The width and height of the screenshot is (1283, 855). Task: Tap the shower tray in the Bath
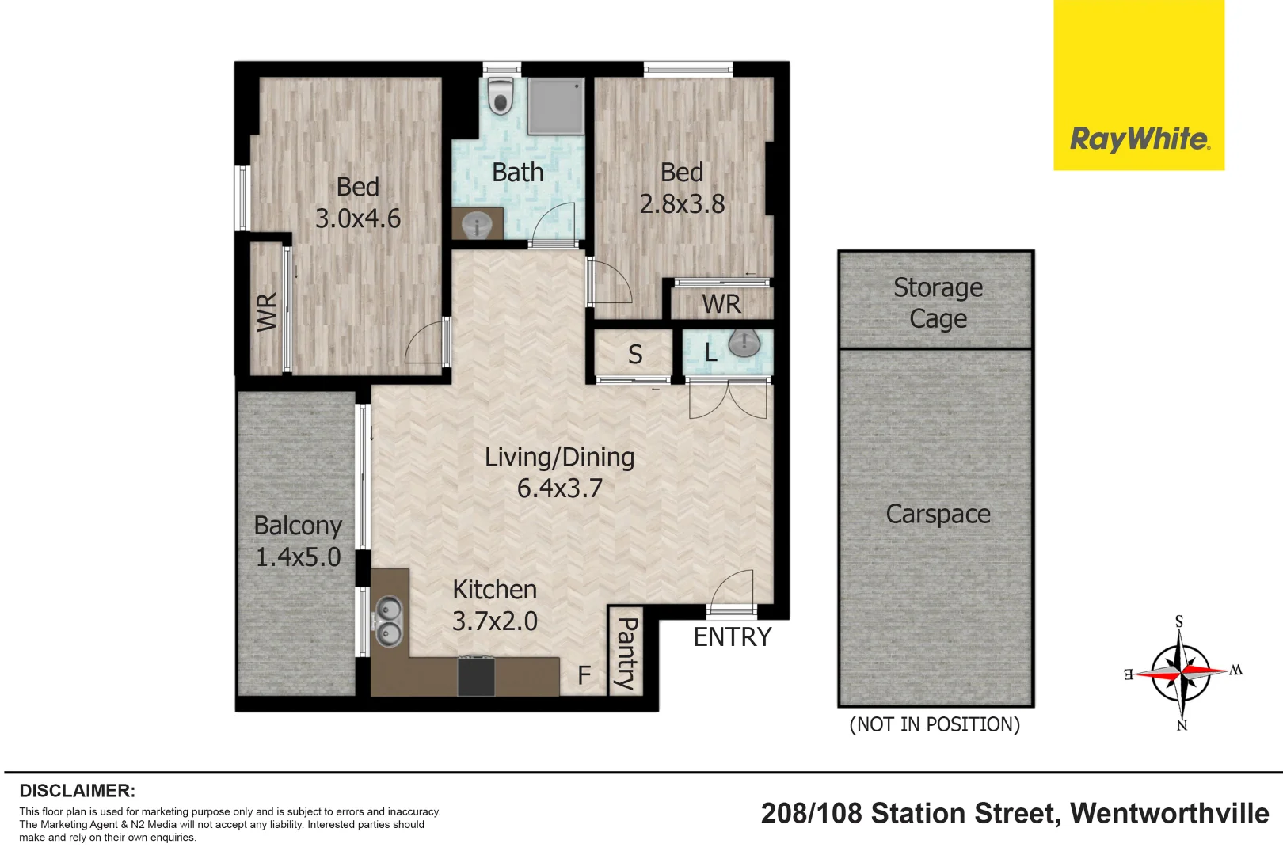556,105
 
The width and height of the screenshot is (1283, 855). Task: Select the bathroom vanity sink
477,225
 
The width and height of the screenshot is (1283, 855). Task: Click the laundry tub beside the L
744,343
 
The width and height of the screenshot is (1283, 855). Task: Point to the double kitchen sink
388,621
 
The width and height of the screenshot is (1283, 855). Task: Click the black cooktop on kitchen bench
476,676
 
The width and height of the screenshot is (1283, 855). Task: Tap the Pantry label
626,654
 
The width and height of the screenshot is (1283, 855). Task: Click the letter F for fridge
584,675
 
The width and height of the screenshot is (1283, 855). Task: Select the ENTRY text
732,637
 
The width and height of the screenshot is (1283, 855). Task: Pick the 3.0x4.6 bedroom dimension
358,218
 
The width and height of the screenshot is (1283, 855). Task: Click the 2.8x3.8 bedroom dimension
682,204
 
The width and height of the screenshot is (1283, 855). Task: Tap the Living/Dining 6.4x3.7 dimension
559,488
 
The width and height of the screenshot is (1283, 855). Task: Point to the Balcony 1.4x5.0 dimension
298,557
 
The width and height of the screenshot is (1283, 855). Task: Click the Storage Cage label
938,302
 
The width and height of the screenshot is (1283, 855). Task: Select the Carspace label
938,514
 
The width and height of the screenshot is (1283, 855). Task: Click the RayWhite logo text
1139,139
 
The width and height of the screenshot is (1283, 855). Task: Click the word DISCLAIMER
77,791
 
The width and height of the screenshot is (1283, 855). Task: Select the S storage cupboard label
635,355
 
